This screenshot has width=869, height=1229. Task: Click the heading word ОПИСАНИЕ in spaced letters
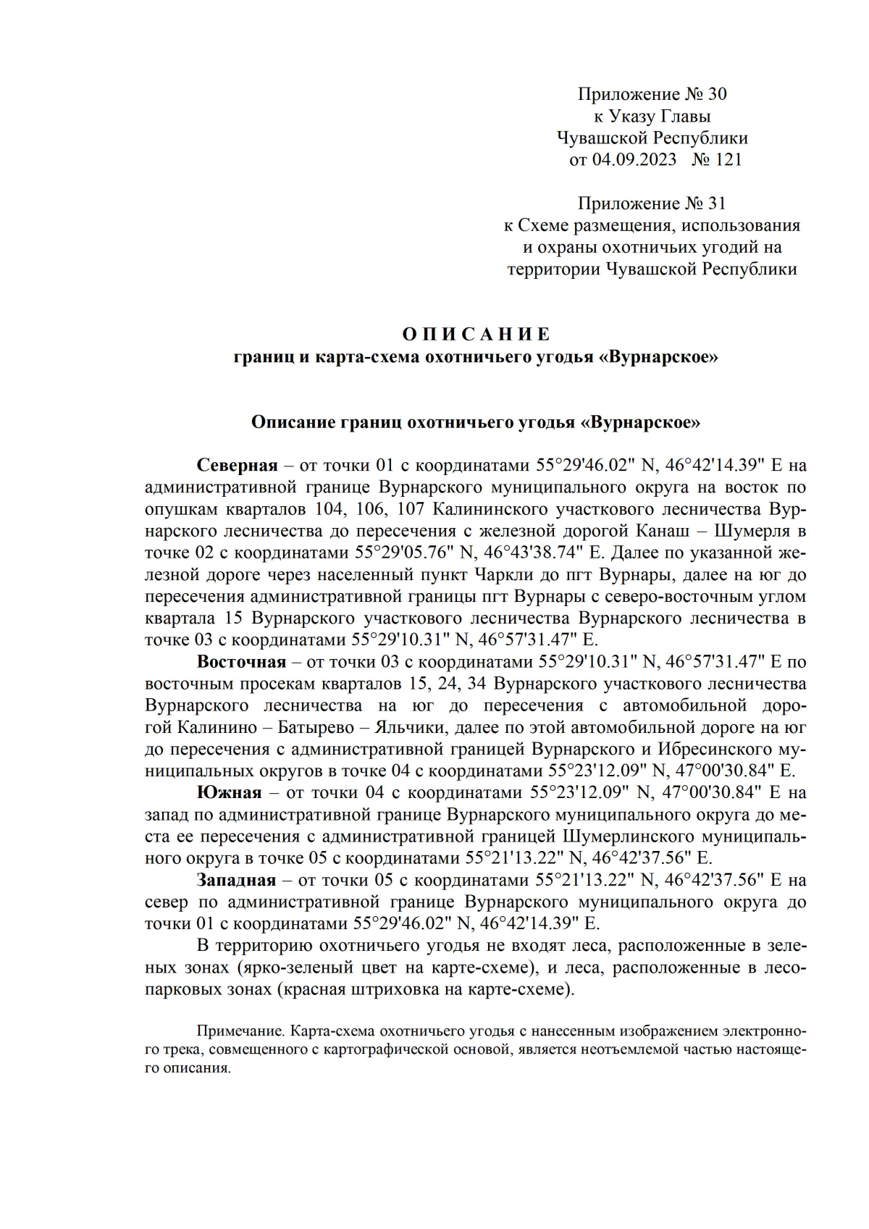[x=476, y=334]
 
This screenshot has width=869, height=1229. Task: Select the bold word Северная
[x=238, y=464]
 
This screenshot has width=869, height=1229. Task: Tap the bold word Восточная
[x=242, y=661]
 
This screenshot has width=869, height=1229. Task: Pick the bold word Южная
[x=229, y=792]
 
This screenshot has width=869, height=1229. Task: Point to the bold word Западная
[x=236, y=880]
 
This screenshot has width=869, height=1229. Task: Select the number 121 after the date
[x=729, y=159]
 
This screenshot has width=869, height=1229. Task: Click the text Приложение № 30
[x=652, y=94]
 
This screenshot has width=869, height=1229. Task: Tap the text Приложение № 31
[x=652, y=204]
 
